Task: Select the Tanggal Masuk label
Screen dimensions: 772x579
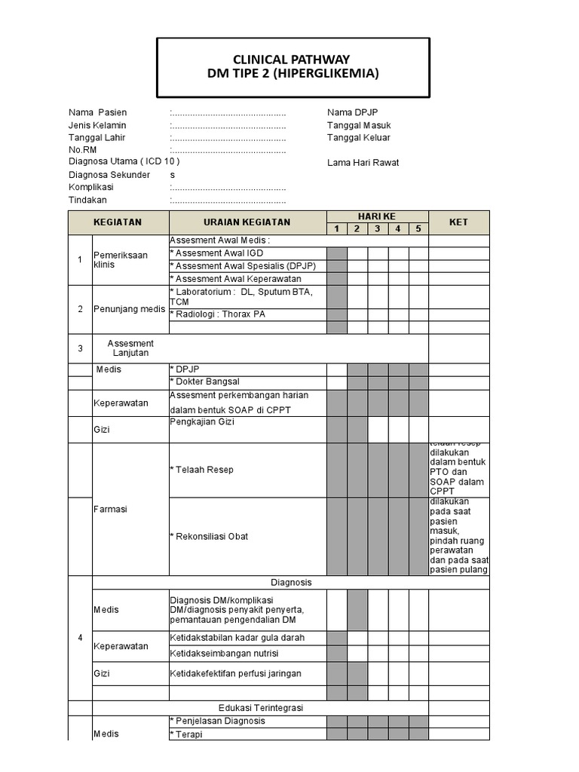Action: tap(359, 125)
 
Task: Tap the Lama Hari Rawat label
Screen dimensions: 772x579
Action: tap(363, 162)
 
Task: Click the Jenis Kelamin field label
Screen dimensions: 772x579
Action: tap(97, 125)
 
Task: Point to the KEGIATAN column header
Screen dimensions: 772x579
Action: tap(118, 222)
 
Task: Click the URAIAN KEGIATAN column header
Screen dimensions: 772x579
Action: tap(247, 222)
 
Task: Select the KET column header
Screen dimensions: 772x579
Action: tap(458, 222)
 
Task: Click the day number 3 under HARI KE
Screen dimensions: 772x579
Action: tap(378, 228)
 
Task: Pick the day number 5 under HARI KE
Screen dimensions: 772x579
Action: tap(418, 228)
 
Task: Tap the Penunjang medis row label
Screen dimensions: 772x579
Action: tap(120, 309)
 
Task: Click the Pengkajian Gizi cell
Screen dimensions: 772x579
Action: tap(202, 422)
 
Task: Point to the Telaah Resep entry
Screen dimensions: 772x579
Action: tap(202, 470)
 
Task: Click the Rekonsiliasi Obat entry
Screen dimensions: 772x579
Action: tap(209, 536)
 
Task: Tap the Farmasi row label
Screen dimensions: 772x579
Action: tap(109, 509)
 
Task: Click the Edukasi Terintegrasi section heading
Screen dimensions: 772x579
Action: tap(260, 708)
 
